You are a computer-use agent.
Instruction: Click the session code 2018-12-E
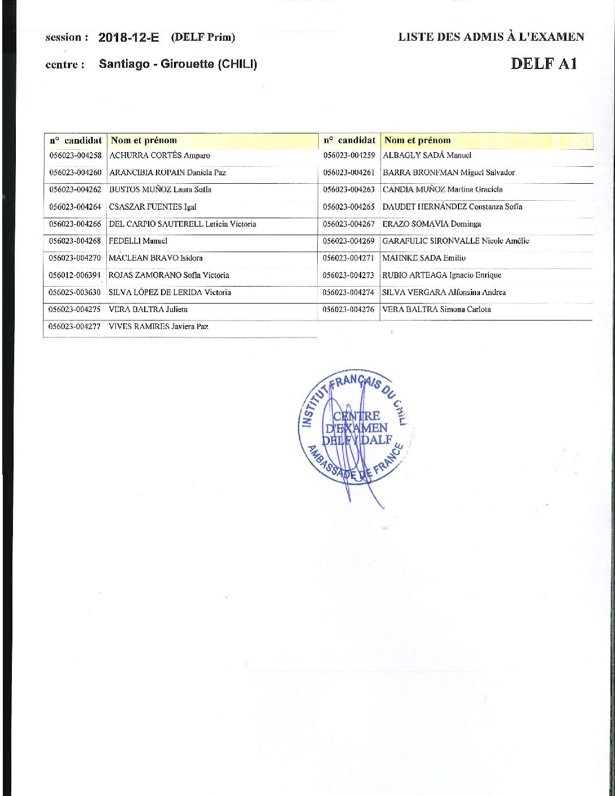pyautogui.click(x=128, y=38)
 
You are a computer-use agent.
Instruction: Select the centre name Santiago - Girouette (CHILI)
pyautogui.click(x=177, y=64)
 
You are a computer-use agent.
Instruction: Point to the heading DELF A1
pyautogui.click(x=543, y=63)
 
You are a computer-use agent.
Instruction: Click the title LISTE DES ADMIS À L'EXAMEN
pyautogui.click(x=491, y=37)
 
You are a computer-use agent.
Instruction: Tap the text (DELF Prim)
pyautogui.click(x=203, y=38)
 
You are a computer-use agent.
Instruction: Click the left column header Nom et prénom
pyautogui.click(x=144, y=140)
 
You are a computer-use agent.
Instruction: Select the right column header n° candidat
pyautogui.click(x=349, y=140)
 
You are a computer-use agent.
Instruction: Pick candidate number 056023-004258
pyautogui.click(x=75, y=155)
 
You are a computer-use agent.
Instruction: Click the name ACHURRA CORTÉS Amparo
pyautogui.click(x=159, y=155)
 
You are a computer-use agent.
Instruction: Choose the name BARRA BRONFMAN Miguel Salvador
pyautogui.click(x=449, y=172)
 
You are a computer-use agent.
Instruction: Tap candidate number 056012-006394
pyautogui.click(x=75, y=275)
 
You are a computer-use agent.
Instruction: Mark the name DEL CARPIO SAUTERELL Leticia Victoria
pyautogui.click(x=182, y=224)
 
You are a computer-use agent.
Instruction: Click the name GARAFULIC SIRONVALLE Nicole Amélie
pyautogui.click(x=456, y=241)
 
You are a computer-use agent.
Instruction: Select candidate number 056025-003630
pyautogui.click(x=75, y=292)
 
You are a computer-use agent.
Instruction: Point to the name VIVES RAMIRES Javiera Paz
pyautogui.click(x=158, y=326)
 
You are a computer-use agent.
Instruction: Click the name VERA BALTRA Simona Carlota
pyautogui.click(x=436, y=309)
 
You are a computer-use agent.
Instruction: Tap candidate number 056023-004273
pyautogui.click(x=349, y=275)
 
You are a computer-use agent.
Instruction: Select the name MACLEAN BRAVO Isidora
pyautogui.click(x=155, y=258)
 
